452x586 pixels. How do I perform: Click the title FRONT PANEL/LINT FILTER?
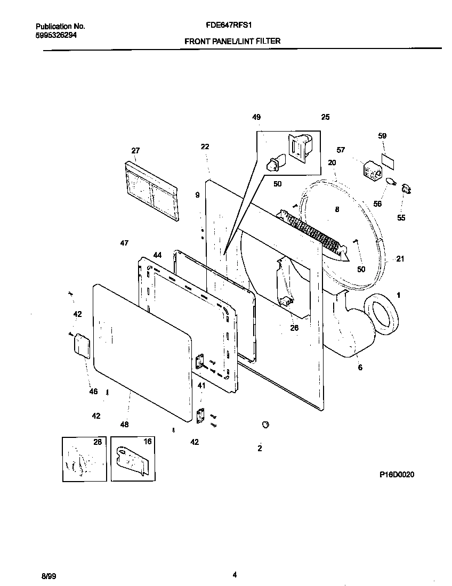(232, 41)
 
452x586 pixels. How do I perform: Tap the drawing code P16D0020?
(397, 474)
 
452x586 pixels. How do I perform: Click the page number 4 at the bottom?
(235, 574)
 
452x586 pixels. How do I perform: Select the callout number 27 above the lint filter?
(135, 150)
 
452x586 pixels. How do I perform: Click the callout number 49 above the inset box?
(256, 117)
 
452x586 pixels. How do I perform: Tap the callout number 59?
(382, 136)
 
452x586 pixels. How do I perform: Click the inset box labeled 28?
(84, 459)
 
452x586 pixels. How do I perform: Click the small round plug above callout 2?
(264, 424)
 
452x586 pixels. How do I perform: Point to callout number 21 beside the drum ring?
(400, 259)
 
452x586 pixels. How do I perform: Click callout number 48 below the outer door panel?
(124, 425)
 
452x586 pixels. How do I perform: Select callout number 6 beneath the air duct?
(360, 368)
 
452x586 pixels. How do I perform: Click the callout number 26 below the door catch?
(294, 328)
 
